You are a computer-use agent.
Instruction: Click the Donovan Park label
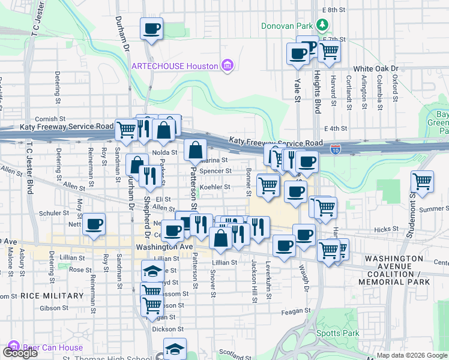coord(287,25)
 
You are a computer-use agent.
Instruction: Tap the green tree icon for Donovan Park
coord(323,25)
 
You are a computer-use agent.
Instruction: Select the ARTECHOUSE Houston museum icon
coord(227,65)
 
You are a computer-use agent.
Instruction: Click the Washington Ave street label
coord(164,247)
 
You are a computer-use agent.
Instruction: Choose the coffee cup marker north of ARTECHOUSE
coord(151,28)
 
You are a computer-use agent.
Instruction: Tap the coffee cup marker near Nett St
coord(94,224)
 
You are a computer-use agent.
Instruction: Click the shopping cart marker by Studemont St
coord(423,181)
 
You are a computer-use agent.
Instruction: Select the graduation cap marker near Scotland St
coord(175,349)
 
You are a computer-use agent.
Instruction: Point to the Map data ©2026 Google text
coord(412,355)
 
